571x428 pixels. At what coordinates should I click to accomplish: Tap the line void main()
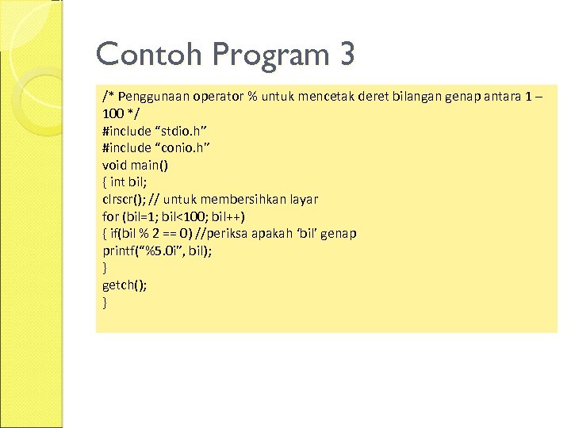pyautogui.click(x=135, y=165)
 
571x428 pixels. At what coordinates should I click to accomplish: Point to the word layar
pyautogui.click(x=304, y=199)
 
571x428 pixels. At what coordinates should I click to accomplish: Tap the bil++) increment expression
pyautogui.click(x=227, y=216)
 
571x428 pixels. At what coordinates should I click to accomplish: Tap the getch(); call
pyautogui.click(x=125, y=285)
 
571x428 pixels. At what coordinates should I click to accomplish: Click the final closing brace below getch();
pyautogui.click(x=105, y=302)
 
